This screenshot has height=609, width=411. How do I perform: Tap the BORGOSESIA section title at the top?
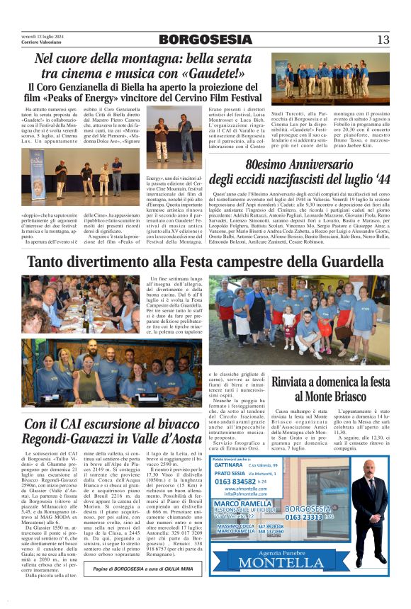pos(205,40)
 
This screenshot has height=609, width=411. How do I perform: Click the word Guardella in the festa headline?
pos(343,262)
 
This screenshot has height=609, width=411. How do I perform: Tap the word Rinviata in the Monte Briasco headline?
pos(293,382)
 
